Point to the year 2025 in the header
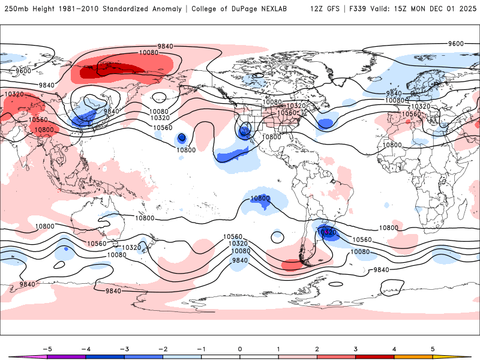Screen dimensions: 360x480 (464, 9)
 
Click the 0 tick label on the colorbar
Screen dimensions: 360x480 (240, 349)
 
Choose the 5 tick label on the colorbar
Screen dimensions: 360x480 (433, 349)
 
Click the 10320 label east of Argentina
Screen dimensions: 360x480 (326, 232)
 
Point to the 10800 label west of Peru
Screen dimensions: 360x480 (260, 198)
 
